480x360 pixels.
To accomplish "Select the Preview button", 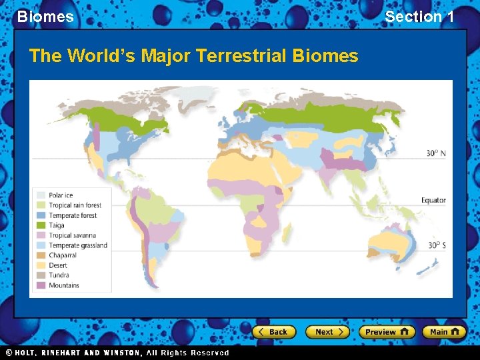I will point(387,331).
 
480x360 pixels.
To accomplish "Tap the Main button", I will point(444,331).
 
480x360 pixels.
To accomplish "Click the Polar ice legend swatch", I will point(41,195).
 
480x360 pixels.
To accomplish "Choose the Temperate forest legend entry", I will point(73,215).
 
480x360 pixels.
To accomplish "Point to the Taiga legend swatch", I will point(41,225).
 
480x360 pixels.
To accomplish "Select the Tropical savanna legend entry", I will point(72,235).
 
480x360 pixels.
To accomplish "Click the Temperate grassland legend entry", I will point(77,245).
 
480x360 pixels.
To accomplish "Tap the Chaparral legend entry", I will point(63,255).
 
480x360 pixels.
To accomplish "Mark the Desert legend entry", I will point(58,265).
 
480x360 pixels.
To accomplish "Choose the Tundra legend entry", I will point(59,275).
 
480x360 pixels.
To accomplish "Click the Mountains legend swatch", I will point(41,285).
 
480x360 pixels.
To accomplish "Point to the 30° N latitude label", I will point(436,154).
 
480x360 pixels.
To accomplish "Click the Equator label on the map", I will point(433,200).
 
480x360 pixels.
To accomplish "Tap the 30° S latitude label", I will point(437,245).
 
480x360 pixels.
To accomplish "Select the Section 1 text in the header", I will point(419,17).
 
